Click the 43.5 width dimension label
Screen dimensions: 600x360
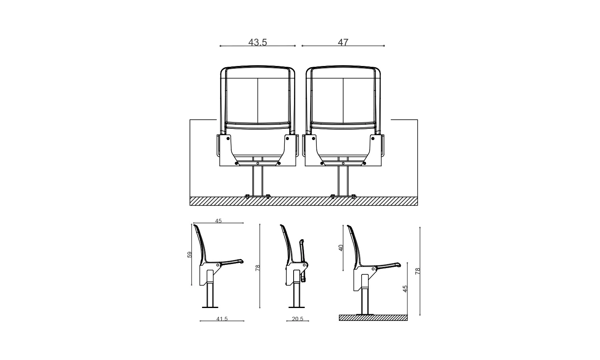coord(258,42)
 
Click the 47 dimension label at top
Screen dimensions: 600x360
coord(343,42)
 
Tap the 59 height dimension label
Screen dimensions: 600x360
coord(190,255)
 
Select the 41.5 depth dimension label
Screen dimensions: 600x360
coord(222,319)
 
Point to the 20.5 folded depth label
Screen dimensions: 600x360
coord(298,319)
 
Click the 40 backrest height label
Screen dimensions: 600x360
coord(341,248)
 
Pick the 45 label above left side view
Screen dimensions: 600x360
coord(218,221)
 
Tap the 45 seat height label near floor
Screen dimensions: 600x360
coord(405,289)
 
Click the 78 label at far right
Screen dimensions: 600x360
coord(418,271)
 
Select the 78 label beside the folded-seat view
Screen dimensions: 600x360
coord(258,268)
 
